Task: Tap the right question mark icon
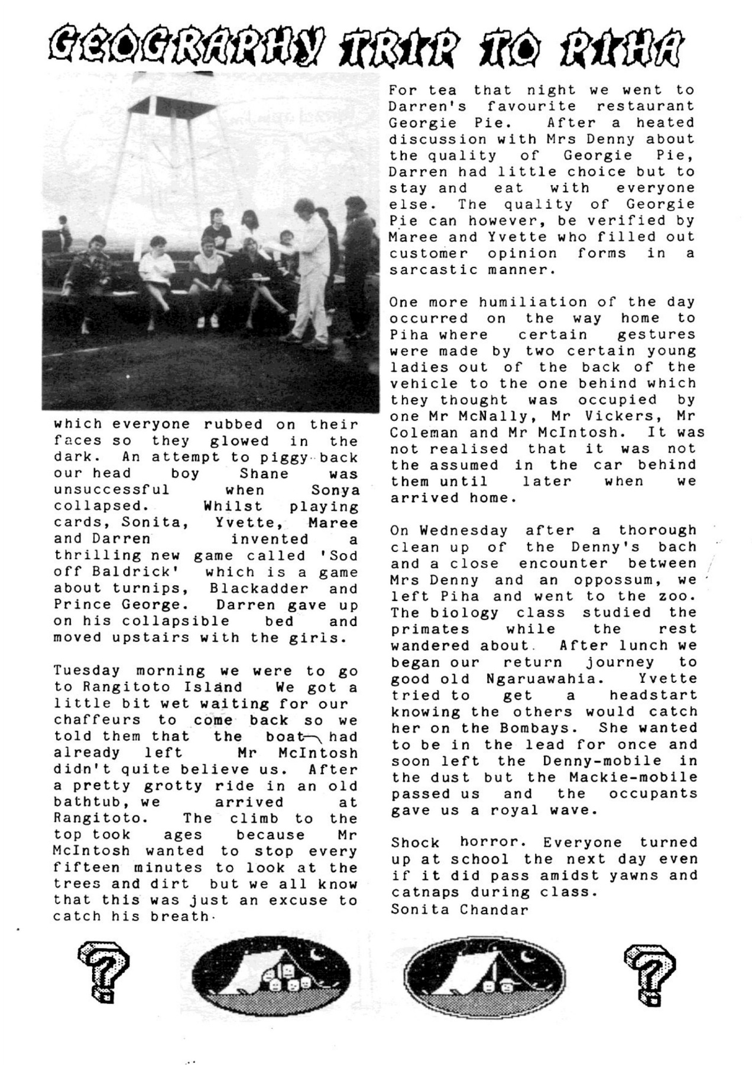click(651, 974)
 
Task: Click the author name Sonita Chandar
click(459, 909)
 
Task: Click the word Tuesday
click(87, 671)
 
